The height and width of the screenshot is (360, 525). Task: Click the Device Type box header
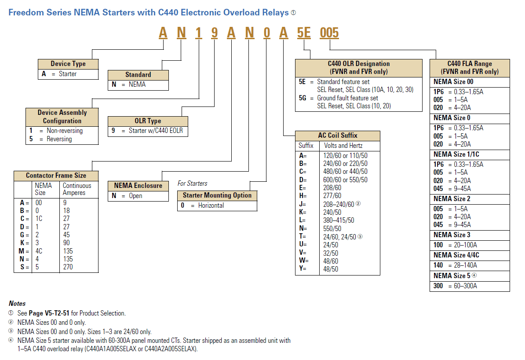68,64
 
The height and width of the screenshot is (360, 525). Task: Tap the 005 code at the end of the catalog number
329,33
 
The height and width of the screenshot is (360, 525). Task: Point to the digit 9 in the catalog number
214,33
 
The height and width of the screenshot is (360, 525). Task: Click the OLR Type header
148,121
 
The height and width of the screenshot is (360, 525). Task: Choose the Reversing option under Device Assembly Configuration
59,139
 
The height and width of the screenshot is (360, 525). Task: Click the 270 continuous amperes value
68,267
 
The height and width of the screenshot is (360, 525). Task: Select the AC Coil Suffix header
337,135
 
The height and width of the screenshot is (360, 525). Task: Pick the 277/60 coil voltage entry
332,196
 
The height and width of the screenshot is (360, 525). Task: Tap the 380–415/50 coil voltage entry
339,220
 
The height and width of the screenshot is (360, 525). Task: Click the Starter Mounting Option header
217,195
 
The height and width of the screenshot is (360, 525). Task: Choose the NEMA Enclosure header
138,186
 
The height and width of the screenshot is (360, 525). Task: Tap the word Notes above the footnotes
17,303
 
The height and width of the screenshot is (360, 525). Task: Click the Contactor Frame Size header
56,176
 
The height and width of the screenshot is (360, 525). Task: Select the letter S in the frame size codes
22,267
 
